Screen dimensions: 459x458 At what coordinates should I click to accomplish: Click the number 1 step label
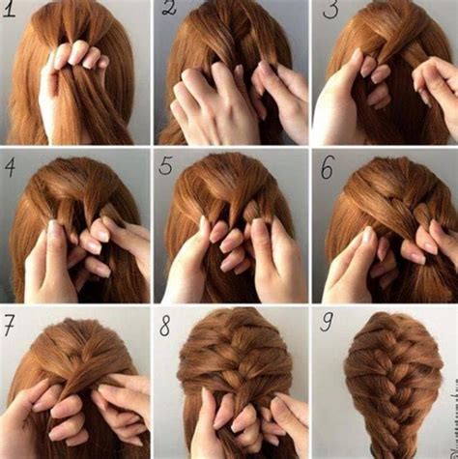(13, 13)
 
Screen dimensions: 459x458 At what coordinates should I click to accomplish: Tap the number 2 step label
(169, 12)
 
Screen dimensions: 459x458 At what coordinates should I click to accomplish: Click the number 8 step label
(166, 325)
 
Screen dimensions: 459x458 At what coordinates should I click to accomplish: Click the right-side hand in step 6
(430, 246)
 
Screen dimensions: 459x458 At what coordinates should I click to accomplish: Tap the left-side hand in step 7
(39, 416)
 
